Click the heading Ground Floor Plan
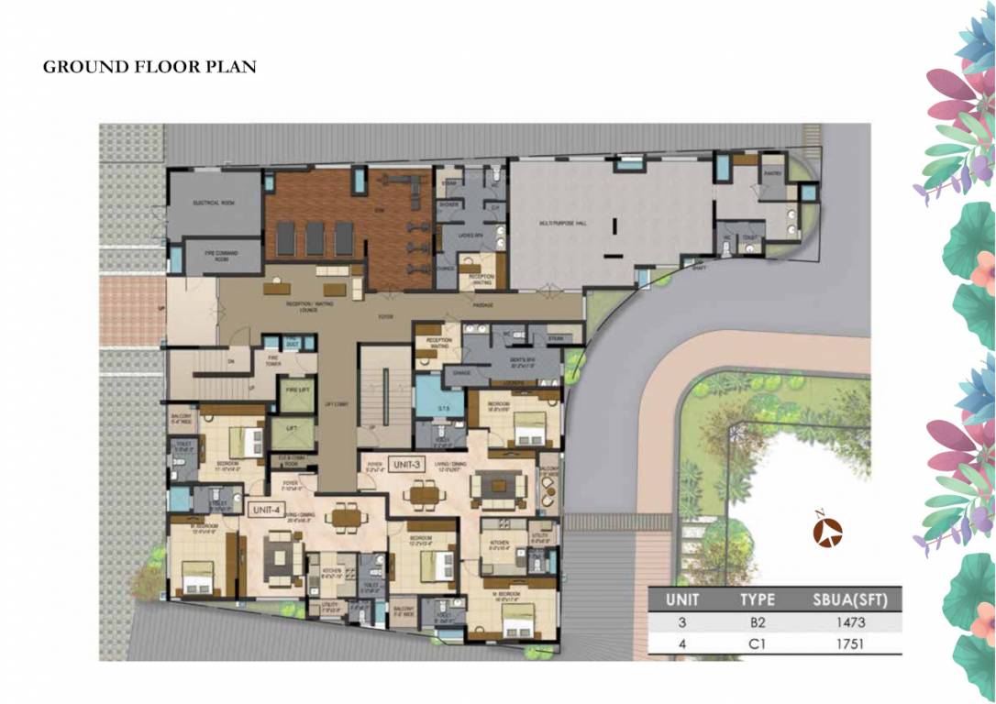[149, 67]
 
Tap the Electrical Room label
[215, 202]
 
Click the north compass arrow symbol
[829, 532]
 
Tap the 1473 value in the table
[851, 623]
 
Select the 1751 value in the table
[851, 644]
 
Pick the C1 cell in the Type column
[758, 644]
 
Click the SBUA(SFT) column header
[850, 599]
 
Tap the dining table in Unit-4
[345, 517]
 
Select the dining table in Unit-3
[422, 495]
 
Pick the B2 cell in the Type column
[758, 623]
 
